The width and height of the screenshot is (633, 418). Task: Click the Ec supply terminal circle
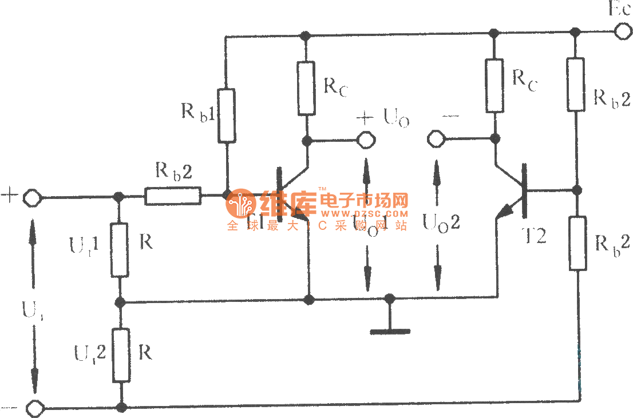pos(620,31)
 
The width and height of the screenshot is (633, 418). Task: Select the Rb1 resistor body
pos(227,115)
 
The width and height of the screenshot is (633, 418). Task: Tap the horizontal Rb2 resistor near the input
pos(173,196)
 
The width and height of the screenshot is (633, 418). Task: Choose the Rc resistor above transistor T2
pos(495,85)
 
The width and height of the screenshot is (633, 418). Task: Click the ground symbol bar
pos(390,331)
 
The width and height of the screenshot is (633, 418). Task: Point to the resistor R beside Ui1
pos(120,250)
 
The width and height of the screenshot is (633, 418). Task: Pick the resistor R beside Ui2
pos(121,355)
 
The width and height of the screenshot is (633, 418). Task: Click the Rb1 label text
pos(198,111)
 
